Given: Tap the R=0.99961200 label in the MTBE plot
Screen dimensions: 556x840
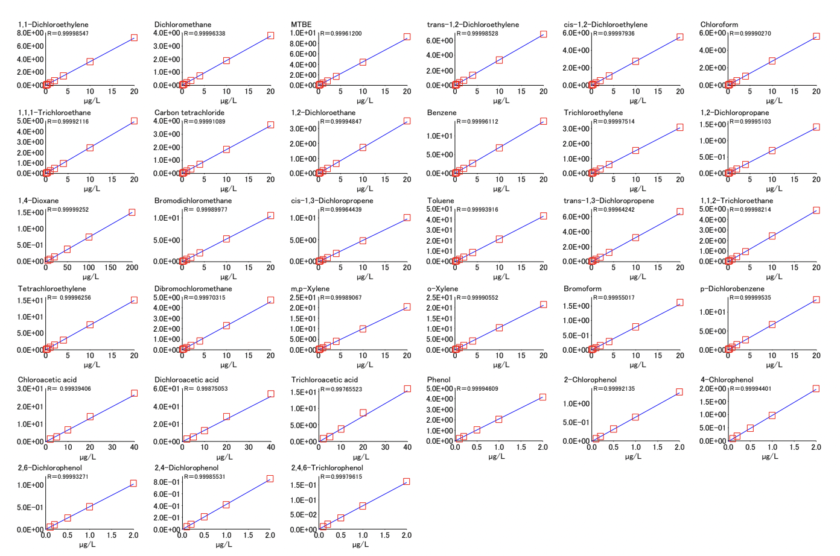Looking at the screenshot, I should (341, 34).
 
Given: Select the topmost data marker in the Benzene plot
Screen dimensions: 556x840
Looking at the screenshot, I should (543, 121).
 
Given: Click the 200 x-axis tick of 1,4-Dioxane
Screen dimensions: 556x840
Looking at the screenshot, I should (132, 267).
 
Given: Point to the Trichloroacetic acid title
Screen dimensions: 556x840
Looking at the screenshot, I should (325, 380).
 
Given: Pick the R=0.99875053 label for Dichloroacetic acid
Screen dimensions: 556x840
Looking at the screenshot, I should (206, 389).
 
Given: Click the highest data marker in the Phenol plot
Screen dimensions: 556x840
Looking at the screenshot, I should (542, 397).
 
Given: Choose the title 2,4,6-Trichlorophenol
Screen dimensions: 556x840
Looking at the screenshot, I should (327, 468).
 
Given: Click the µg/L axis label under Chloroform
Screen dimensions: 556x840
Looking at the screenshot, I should (774, 101).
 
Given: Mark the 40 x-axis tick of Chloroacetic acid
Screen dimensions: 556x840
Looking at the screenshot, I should (134, 447).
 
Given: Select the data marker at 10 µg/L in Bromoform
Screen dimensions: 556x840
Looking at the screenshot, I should (635, 327).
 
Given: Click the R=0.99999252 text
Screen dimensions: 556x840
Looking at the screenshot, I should (68, 210).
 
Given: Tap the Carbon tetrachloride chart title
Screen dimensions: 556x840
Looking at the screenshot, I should (189, 113).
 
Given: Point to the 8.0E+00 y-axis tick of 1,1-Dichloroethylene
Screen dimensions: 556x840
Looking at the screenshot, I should (30, 33).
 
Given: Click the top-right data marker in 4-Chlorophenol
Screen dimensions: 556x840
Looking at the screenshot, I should (816, 389).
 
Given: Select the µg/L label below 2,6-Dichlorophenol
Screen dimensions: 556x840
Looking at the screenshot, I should (87, 545).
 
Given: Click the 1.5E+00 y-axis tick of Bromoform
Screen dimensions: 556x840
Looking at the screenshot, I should (576, 306).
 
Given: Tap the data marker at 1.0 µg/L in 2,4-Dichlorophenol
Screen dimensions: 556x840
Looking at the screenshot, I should (226, 505).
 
